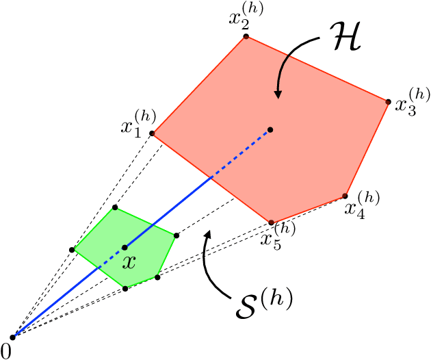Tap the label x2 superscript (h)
245,16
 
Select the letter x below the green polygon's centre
129,261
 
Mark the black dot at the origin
12,337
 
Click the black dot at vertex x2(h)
246,37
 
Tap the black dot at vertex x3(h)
389,102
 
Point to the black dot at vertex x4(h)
345,196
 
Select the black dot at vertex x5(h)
272,222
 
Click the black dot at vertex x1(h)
152,133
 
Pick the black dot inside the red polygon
271,129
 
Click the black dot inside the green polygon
125,247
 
